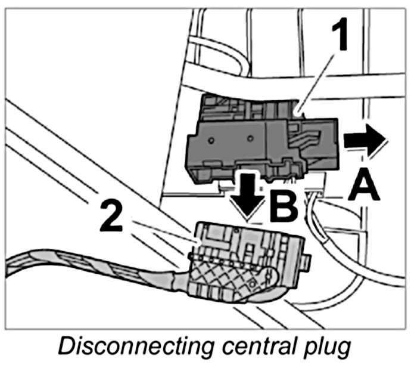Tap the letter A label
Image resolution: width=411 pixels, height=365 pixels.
365,186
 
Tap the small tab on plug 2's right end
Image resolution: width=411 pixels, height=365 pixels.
307,262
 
